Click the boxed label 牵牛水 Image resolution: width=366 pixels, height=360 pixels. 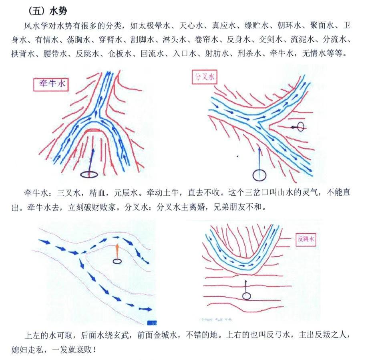50,85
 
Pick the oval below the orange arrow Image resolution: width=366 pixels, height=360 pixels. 117,261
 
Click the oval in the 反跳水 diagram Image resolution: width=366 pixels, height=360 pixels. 247,296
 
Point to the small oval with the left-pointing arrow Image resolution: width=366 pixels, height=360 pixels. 300,127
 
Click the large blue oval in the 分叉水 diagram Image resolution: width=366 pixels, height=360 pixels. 259,175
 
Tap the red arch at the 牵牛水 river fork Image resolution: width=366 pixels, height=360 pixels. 93,130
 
